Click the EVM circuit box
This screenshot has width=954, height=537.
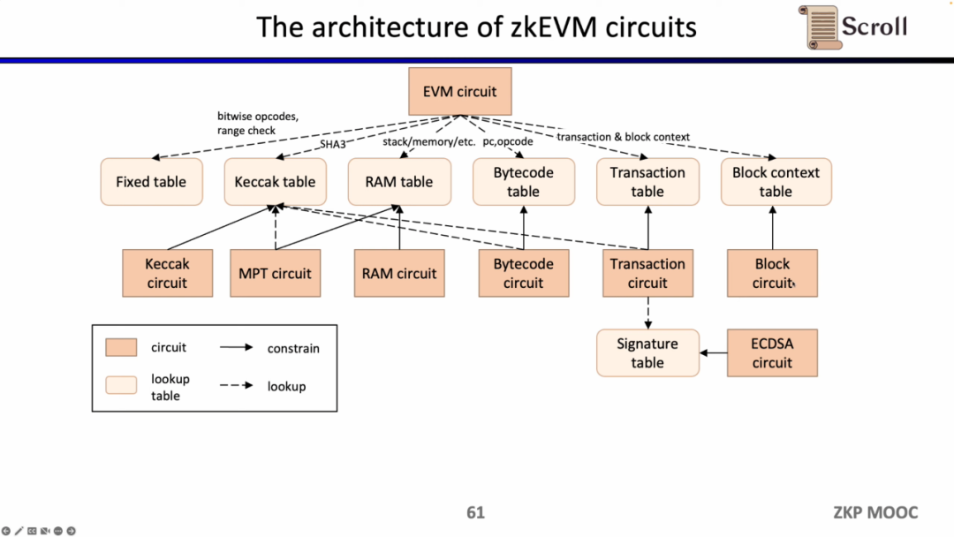point(459,92)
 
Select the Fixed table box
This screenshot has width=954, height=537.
point(151,182)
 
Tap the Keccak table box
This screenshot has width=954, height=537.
point(275,182)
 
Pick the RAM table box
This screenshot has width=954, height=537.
point(399,182)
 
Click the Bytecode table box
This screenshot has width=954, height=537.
point(523,182)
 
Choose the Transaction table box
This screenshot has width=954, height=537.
point(647,182)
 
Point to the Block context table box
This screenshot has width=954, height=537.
point(776,182)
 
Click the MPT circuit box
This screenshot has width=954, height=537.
point(275,273)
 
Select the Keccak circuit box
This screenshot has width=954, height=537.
point(167,273)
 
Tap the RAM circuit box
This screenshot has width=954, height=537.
point(399,273)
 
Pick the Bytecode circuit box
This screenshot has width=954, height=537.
point(523,273)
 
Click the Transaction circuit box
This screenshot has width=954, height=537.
point(647,273)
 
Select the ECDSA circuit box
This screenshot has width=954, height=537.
point(772,353)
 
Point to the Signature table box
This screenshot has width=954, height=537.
point(647,353)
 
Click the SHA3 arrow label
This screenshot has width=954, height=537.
point(332,143)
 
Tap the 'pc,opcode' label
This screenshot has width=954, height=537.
point(508,140)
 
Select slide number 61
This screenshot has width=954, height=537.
point(476,512)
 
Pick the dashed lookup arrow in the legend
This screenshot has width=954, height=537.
point(236,386)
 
